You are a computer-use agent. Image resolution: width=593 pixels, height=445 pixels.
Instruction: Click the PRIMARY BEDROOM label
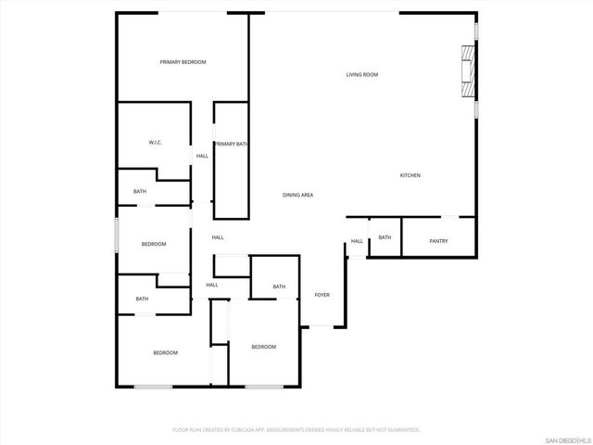183,62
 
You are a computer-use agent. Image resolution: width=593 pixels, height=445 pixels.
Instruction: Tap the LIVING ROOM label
362,74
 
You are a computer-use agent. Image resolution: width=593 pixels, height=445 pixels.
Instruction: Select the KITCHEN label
410,175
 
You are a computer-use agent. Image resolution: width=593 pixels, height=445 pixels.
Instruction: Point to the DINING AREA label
298,195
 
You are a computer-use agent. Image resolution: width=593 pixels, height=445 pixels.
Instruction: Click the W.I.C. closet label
156,143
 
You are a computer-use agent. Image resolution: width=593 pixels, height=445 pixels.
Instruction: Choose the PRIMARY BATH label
231,144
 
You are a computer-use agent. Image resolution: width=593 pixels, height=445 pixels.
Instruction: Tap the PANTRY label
439,241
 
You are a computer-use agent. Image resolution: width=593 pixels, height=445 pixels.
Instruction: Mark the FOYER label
322,295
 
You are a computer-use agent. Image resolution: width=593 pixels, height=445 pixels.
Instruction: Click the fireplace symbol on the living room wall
469,72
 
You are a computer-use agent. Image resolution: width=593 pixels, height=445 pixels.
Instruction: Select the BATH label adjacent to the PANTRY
385,237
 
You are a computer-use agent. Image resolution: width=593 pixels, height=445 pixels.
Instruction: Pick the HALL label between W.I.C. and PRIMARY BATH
202,156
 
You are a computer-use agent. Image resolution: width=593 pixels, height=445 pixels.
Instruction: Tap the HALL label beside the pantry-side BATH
357,242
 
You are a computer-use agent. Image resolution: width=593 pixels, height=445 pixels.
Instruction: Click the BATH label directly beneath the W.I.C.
140,192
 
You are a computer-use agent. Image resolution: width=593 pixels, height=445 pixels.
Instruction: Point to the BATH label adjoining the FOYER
279,287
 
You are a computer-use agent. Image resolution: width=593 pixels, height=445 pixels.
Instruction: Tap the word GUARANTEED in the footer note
401,430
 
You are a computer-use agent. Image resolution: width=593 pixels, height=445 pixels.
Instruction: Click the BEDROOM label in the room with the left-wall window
154,244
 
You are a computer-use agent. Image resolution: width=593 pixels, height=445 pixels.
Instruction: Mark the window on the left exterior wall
116,234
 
